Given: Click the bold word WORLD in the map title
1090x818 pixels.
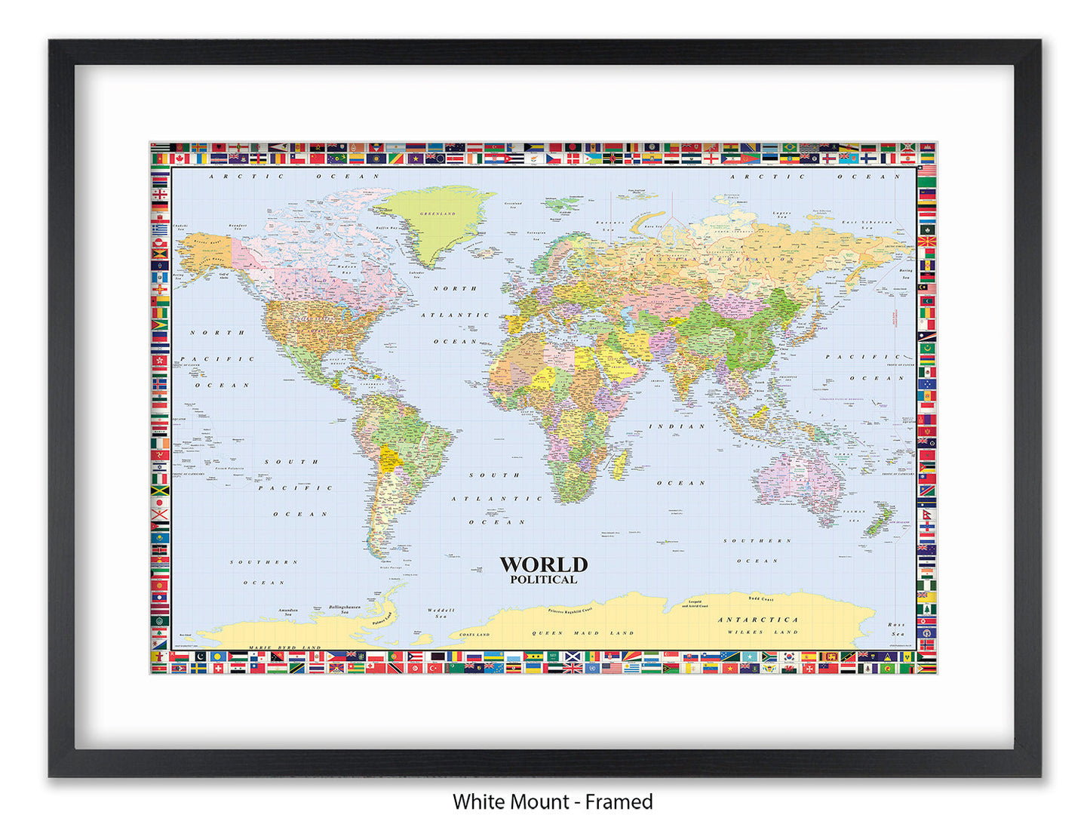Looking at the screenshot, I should coord(543,564).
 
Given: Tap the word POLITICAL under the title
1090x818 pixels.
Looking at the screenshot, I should coord(543,580).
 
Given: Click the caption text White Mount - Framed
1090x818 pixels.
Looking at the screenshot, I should coord(552,801).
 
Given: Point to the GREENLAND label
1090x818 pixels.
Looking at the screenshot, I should coord(438,214).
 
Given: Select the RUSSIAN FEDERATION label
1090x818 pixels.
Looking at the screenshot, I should coord(716,259).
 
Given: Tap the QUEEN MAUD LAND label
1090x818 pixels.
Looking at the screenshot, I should coord(583,633).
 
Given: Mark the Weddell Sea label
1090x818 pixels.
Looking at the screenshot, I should coord(441,613).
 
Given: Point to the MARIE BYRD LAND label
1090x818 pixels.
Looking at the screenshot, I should coord(284,647).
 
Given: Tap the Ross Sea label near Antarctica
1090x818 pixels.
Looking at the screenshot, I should coord(896,629).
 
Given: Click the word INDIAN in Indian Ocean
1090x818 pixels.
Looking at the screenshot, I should coord(677,426).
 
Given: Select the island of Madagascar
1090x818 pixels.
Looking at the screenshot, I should coord(620,463).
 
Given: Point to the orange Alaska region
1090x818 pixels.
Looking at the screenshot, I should coord(204,253).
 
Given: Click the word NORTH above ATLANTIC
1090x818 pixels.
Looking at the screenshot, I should coord(455,288).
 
